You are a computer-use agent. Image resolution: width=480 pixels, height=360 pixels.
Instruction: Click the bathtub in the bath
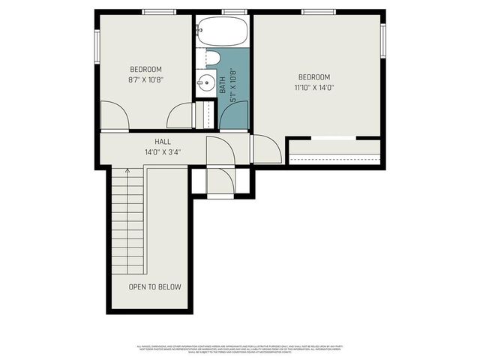pyautogui.click(x=222, y=31)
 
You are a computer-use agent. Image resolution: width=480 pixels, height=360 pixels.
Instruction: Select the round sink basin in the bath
pyautogui.click(x=205, y=83)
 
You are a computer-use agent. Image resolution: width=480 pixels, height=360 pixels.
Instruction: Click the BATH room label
pyautogui.click(x=223, y=83)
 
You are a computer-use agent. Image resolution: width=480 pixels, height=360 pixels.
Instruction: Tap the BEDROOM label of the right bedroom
pyautogui.click(x=314, y=76)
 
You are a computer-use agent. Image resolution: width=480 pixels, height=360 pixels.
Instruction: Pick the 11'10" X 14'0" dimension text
pyautogui.click(x=314, y=87)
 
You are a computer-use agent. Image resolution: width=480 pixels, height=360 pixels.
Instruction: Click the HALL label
pyautogui.click(x=163, y=141)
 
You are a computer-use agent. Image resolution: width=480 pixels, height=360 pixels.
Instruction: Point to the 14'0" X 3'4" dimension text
pyautogui.click(x=163, y=151)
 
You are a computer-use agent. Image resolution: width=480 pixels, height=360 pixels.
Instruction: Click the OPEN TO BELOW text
pyautogui.click(x=154, y=286)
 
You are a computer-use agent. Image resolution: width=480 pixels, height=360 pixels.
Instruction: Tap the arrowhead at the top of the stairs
pyautogui.click(x=127, y=171)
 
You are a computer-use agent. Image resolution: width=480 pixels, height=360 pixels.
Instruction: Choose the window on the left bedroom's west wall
pyautogui.click(x=97, y=44)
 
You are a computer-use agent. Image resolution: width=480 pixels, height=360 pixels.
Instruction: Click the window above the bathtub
pyautogui.click(x=235, y=11)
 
